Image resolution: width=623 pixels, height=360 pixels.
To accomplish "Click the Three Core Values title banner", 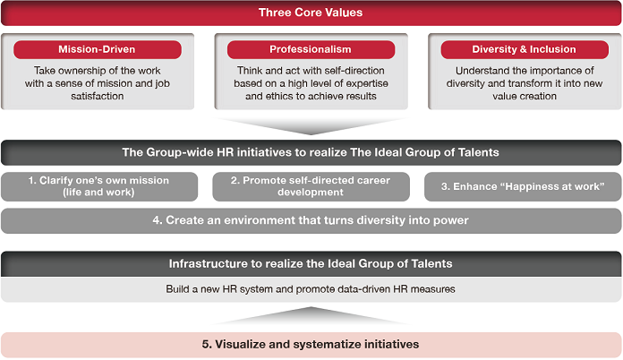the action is tap(311, 13).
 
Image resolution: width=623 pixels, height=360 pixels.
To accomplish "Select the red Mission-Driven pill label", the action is tap(98, 49).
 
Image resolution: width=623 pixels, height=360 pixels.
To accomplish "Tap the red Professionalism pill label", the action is tap(311, 49).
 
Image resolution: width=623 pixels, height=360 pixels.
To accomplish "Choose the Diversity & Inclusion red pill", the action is tap(525, 49).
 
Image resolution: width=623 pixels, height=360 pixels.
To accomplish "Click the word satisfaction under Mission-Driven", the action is tap(98, 96).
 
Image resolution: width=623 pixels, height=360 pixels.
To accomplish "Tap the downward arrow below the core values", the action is tap(311, 126).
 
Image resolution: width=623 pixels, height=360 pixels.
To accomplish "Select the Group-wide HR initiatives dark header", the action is tap(311, 152).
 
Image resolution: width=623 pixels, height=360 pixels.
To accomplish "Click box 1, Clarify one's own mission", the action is tap(99, 186).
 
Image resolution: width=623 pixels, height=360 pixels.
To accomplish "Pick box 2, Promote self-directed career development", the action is tap(311, 186).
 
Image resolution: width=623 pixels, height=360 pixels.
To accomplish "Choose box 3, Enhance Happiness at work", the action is tap(523, 186).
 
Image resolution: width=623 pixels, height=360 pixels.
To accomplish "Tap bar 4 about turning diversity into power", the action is tap(311, 220).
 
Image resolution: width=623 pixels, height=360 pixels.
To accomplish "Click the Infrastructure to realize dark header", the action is tap(311, 264).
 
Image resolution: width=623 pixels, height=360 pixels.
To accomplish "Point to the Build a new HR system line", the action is tap(311, 289).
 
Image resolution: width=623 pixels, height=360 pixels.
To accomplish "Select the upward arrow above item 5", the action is tap(311, 316).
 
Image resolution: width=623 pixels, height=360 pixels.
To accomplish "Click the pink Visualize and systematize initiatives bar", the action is tap(311, 345).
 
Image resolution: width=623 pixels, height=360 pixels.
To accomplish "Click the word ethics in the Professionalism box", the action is tap(279, 96).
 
